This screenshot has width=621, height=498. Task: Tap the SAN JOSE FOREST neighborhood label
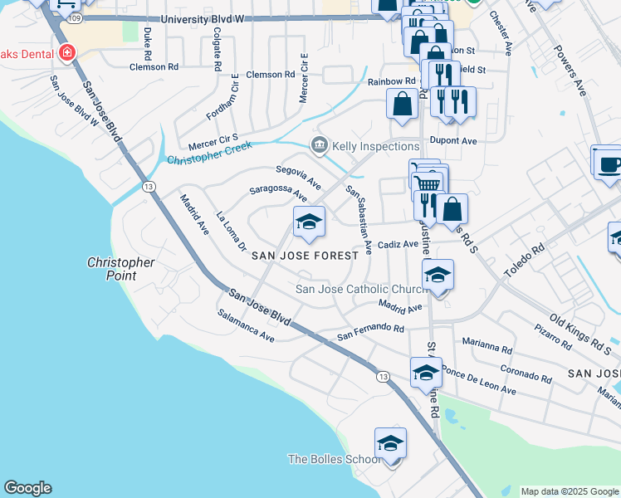pos(306,256)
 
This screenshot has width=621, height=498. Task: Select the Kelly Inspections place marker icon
pos(319,146)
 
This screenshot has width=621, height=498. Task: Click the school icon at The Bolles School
pos(390,443)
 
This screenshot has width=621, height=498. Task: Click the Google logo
pos(27,488)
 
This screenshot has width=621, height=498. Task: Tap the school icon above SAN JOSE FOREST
pos(309,221)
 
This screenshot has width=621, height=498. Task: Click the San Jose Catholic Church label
pos(362,289)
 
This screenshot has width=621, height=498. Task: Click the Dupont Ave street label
pos(458,141)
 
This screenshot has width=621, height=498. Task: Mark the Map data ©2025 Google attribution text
pos(569,491)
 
